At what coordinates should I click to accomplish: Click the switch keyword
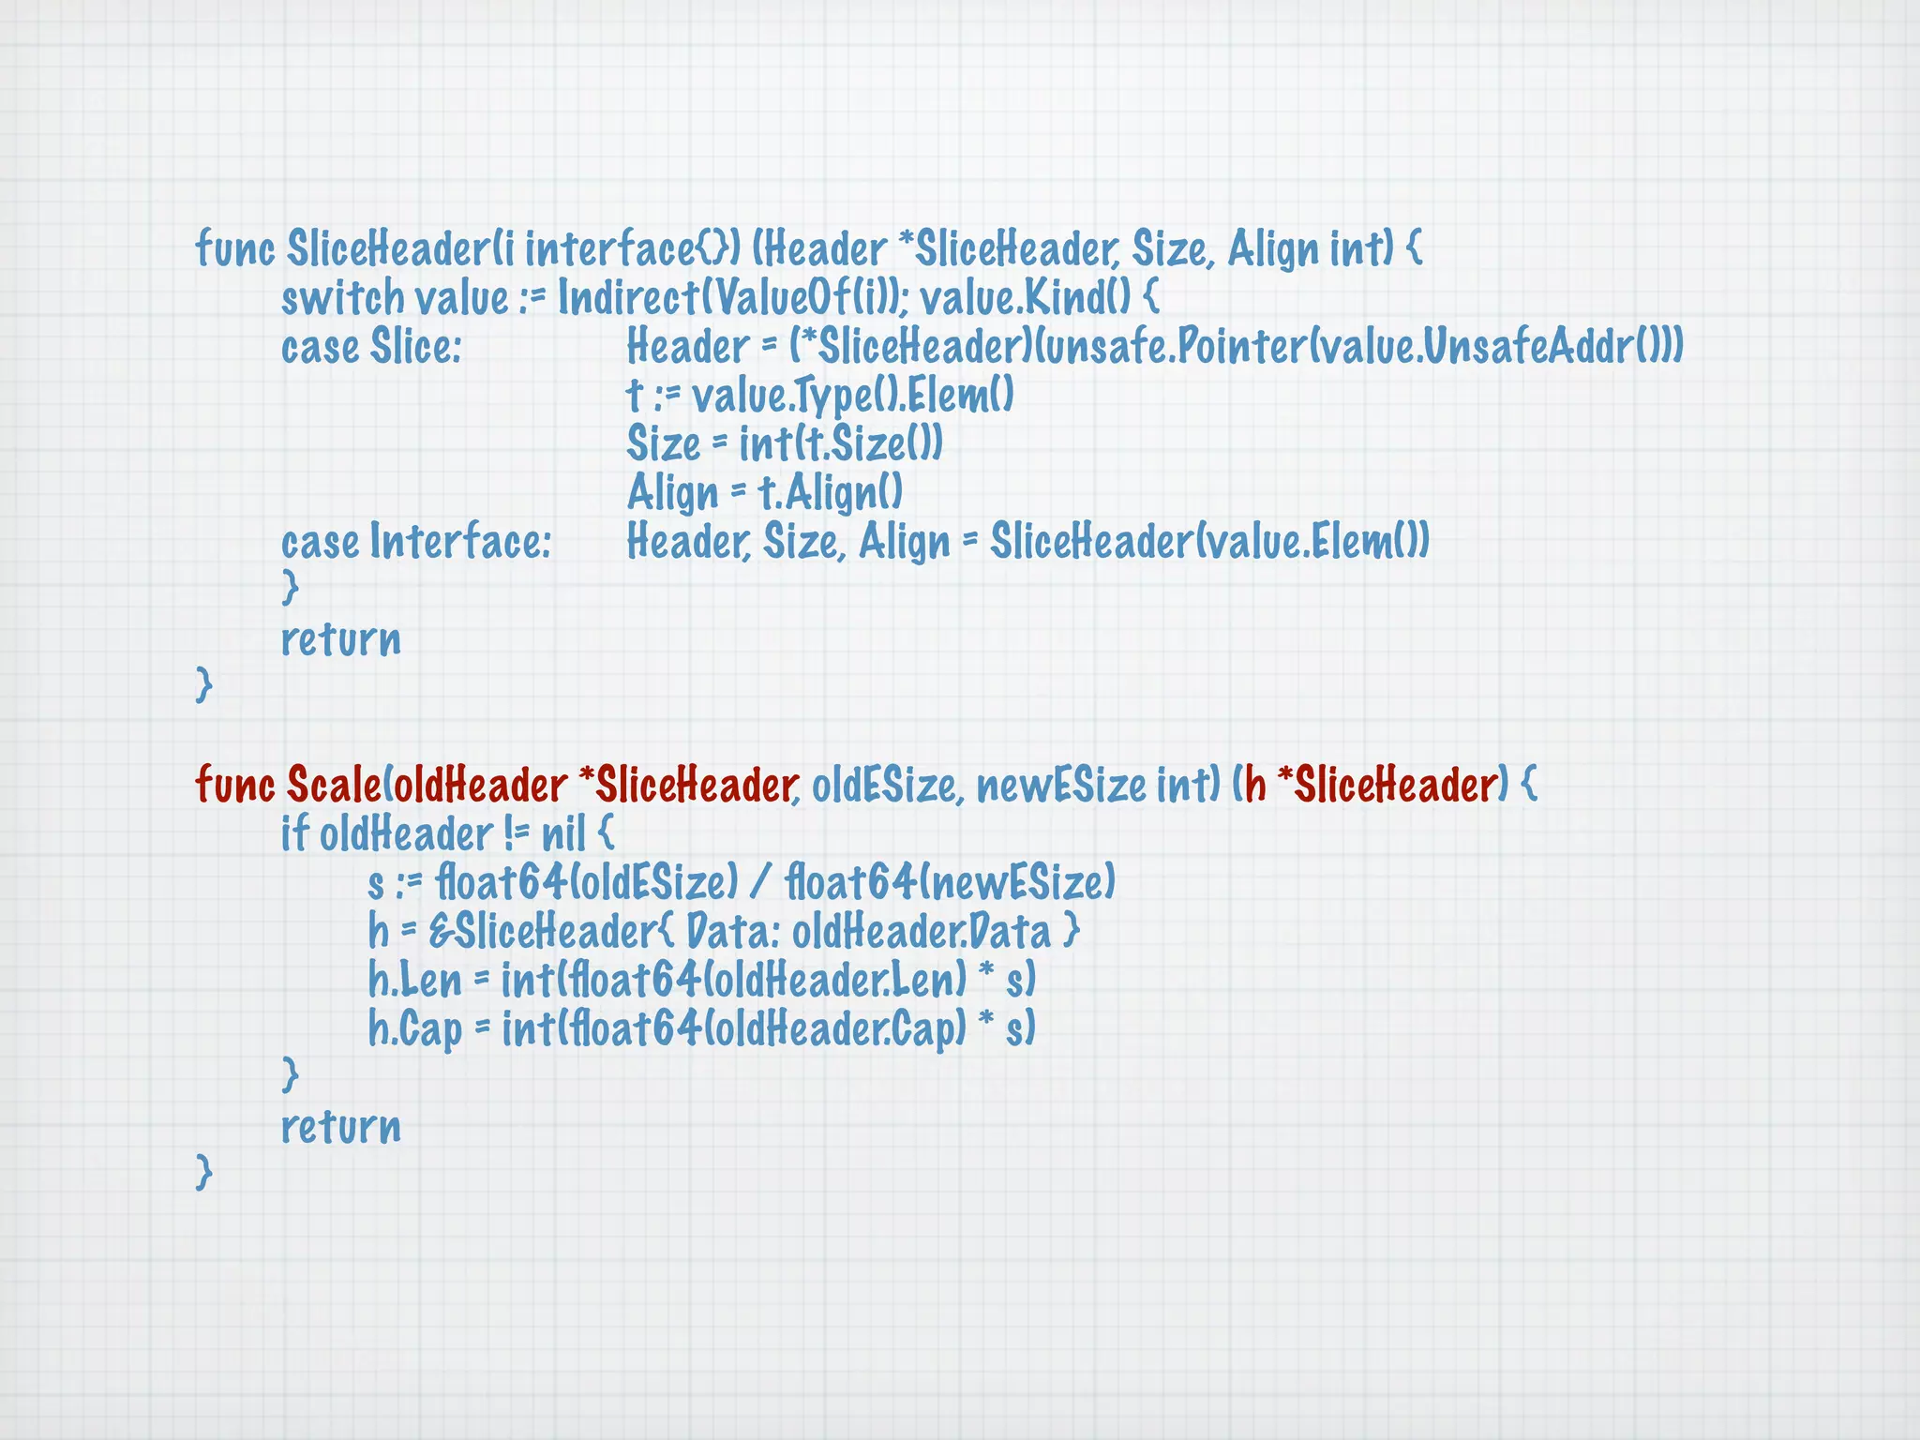[342, 298]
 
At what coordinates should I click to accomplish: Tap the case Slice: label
[371, 347]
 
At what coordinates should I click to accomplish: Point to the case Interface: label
[416, 542]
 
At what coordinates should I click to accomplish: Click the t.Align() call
[830, 493]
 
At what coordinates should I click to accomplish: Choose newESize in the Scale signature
[1060, 786]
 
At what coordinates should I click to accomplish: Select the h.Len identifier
[414, 981]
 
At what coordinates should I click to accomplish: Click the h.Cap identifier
[414, 1029]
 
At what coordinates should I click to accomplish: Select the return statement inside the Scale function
[340, 1127]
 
